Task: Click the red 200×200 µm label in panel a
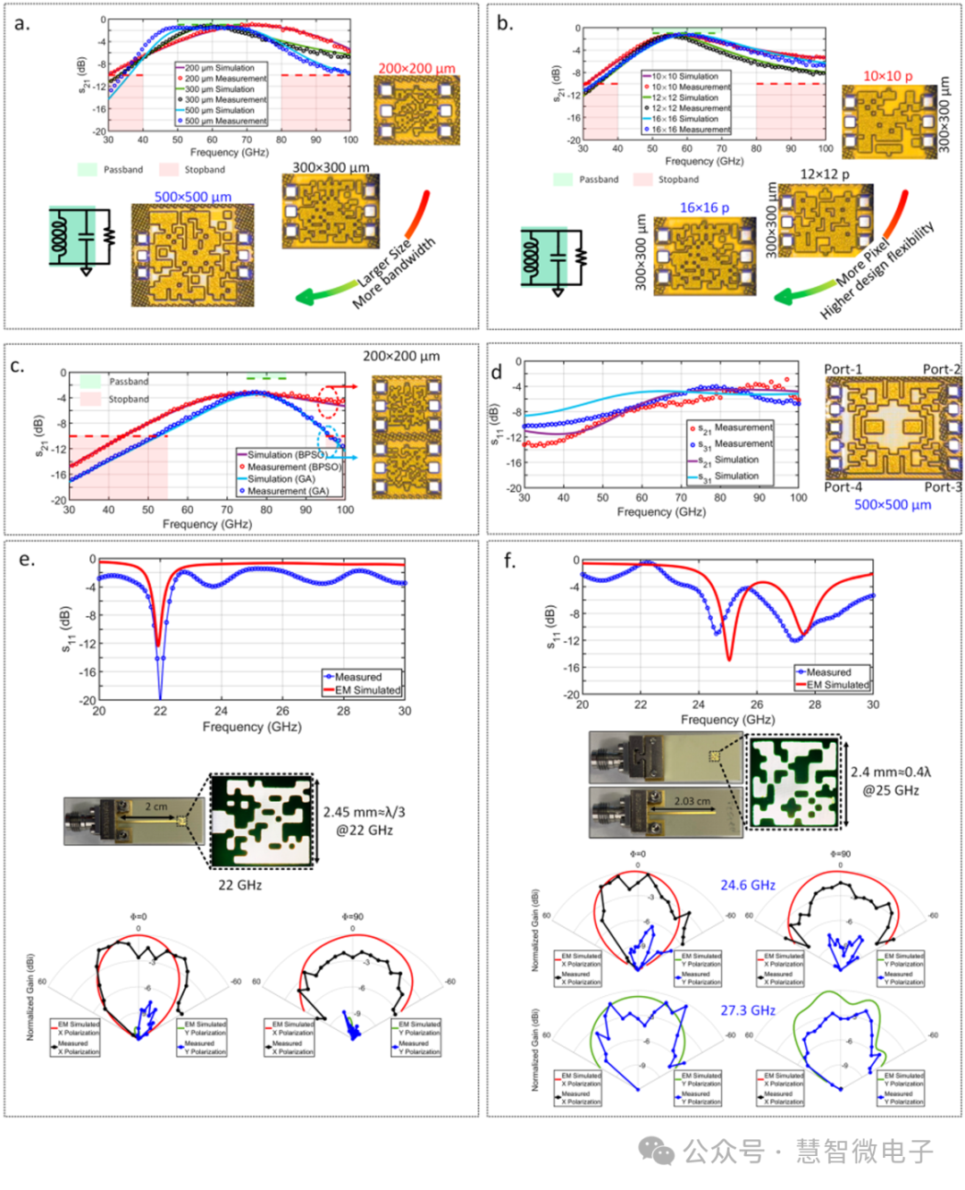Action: [x=416, y=68]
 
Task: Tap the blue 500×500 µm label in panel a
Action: [x=193, y=197]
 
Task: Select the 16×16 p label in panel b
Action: [x=704, y=207]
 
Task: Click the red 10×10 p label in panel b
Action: [x=887, y=76]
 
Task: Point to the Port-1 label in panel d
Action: [x=843, y=369]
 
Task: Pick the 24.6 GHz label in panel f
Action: [x=748, y=885]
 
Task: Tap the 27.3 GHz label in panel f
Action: [x=748, y=1010]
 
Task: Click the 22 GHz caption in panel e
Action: [x=240, y=885]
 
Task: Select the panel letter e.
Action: [x=27, y=560]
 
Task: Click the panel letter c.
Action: [x=17, y=367]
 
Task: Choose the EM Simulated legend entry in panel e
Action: [x=367, y=690]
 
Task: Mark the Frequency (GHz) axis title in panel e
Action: [x=252, y=727]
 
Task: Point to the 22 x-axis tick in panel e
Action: [x=160, y=711]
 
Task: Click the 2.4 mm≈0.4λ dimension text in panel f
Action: [x=890, y=772]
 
